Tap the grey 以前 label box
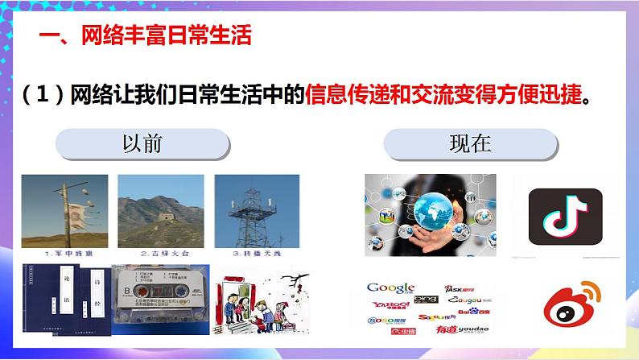pos(142,145)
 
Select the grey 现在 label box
pos(470,145)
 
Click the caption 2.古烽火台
pos(158,253)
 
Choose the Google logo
pos(390,288)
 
